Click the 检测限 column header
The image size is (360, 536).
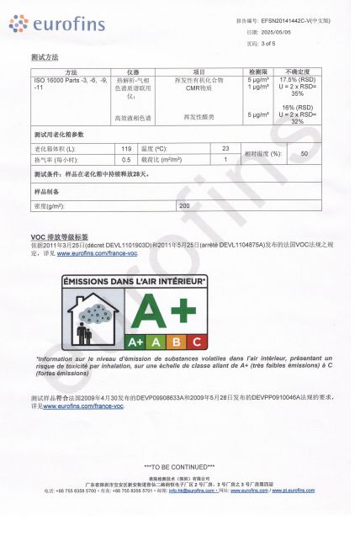(257, 72)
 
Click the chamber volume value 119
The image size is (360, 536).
(126, 148)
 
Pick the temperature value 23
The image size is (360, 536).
(225, 148)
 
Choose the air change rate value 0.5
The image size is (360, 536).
(126, 159)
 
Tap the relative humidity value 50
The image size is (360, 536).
(304, 154)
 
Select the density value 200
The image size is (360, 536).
(184, 205)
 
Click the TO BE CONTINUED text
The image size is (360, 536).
(179, 466)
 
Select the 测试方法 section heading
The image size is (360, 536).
(45, 58)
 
